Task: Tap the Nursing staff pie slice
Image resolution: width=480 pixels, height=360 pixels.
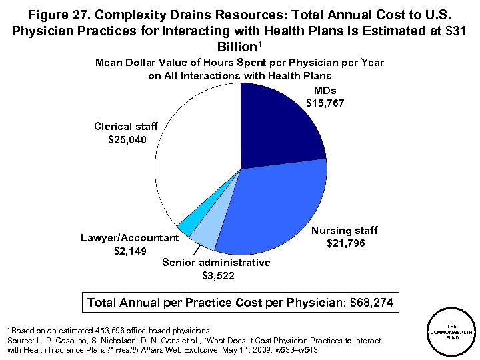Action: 273,207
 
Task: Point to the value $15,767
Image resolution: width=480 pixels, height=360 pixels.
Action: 325,103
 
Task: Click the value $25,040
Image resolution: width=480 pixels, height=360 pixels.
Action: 127,139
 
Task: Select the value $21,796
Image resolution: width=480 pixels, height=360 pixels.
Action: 345,243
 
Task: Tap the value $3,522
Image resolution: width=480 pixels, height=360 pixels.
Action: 216,275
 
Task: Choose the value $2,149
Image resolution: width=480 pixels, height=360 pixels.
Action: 129,251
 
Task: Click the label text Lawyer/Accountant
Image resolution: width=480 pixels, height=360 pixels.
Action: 129,238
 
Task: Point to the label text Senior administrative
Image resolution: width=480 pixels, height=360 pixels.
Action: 216,262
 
